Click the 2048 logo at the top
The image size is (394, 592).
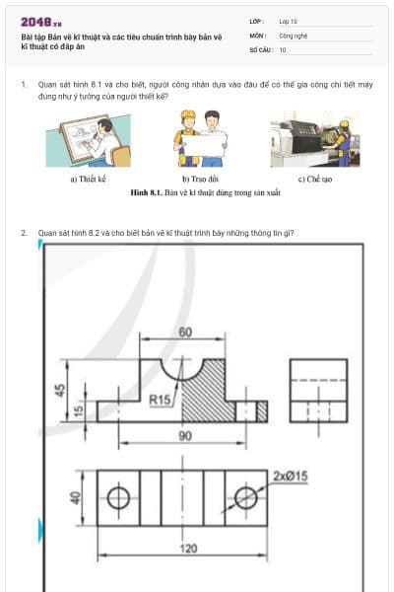click(41, 22)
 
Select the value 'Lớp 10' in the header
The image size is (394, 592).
click(289, 21)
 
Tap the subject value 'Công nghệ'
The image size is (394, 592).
click(293, 35)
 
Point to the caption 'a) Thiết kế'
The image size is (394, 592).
click(88, 180)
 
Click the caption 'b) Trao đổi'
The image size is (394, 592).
click(199, 180)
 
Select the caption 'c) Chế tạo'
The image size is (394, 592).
click(312, 180)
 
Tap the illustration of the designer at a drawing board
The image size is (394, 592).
click(88, 139)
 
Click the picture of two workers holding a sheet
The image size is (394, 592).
click(199, 138)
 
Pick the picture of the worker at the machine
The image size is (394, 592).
click(310, 138)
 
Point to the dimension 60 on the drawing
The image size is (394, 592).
click(185, 333)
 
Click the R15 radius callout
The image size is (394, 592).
click(160, 400)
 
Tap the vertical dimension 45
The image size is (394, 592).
click(59, 389)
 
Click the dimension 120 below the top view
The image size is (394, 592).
click(184, 549)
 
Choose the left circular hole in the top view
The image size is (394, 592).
click(118, 498)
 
